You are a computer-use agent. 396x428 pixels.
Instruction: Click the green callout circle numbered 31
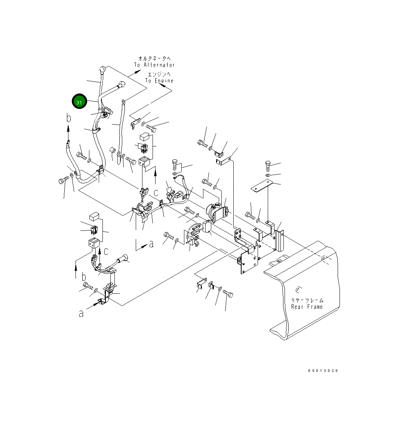tap(79, 101)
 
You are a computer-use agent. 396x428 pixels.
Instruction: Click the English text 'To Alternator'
tap(154, 65)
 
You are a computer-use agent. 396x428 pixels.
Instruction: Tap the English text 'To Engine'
tap(159, 81)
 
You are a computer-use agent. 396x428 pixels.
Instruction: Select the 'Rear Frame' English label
tap(307, 307)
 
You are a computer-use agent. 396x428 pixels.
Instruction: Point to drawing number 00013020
tap(323, 371)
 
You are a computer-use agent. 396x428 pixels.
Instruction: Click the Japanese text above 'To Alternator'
tap(154, 58)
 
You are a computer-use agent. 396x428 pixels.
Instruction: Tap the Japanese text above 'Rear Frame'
tap(307, 300)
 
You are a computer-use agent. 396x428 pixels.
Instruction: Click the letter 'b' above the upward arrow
tap(68, 118)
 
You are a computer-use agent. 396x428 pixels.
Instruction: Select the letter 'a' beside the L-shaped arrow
tap(151, 244)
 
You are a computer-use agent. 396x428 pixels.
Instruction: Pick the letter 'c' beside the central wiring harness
tap(156, 193)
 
